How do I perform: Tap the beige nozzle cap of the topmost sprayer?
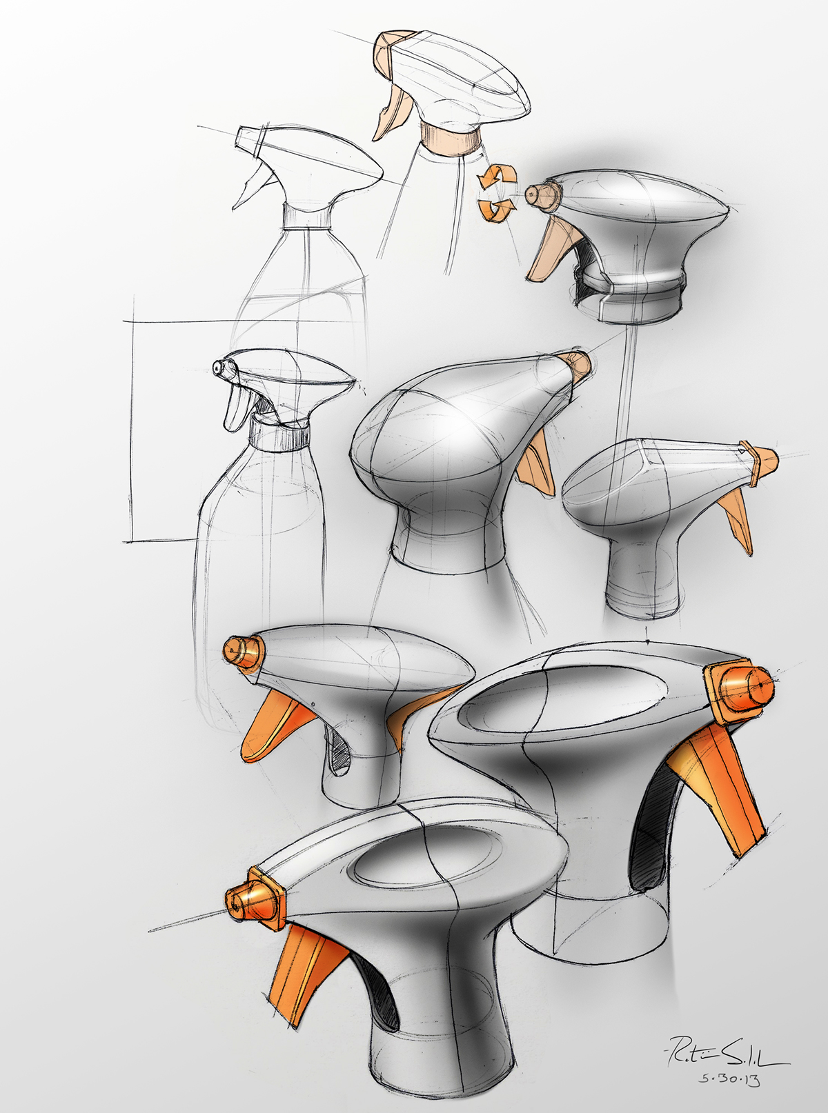coord(388,52)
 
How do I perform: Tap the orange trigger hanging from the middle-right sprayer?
coord(737,524)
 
